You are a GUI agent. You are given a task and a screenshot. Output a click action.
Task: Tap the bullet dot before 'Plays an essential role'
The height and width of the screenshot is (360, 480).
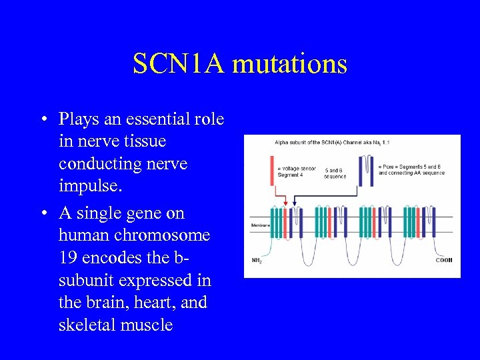tap(42, 121)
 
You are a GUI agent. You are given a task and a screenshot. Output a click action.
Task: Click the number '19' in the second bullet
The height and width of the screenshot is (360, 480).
tap(70, 257)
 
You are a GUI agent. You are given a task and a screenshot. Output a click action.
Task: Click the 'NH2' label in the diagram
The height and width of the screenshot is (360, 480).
tap(257, 259)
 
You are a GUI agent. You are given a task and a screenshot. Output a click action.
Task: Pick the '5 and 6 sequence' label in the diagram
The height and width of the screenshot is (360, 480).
tap(335, 173)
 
